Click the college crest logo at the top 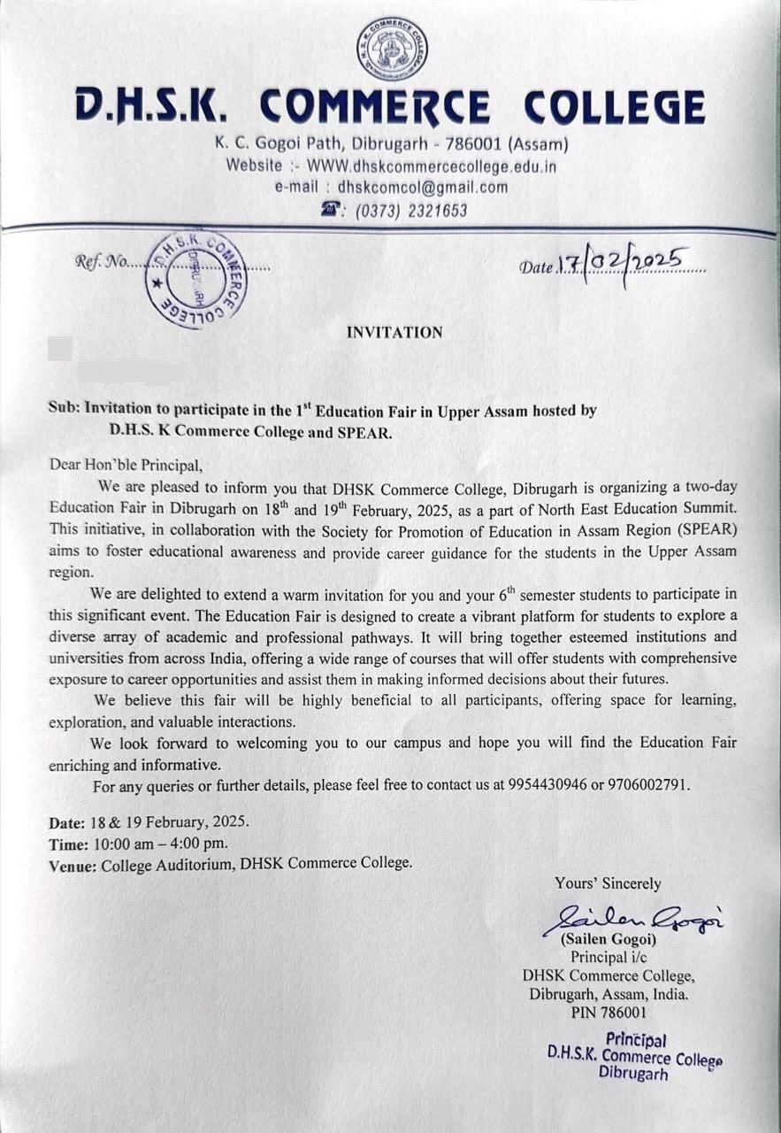click(x=392, y=49)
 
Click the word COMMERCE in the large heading click(x=375, y=107)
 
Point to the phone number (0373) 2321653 click(x=410, y=211)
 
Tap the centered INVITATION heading click(x=394, y=333)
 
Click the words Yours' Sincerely click(x=608, y=883)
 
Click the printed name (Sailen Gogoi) click(x=608, y=939)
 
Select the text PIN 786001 click(x=609, y=1012)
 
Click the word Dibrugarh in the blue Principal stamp click(x=633, y=1074)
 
